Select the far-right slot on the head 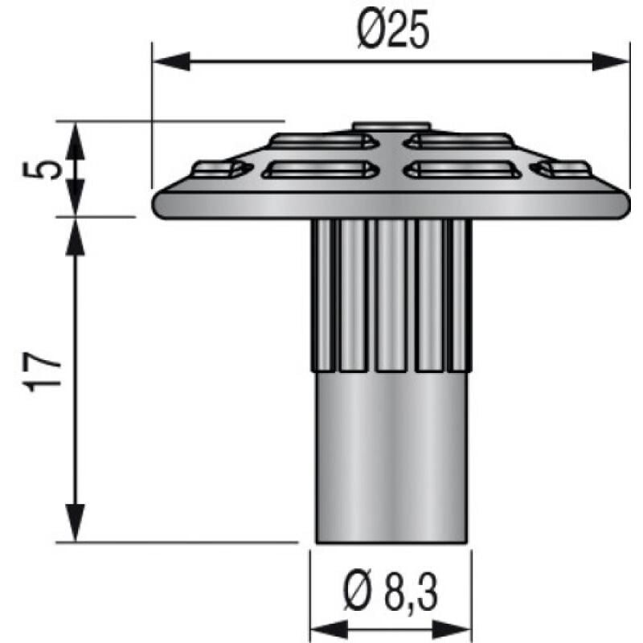tap(563, 169)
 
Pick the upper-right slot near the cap tap(459, 141)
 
